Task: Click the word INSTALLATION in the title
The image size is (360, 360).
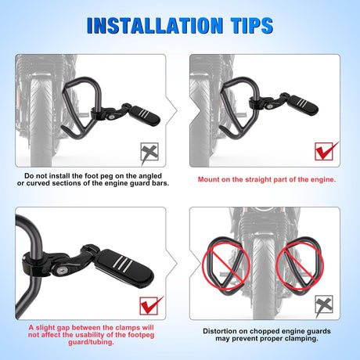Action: pos(155,26)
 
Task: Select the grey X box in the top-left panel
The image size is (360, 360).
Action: pos(149,152)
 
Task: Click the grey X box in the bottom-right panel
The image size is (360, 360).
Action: pos(324,304)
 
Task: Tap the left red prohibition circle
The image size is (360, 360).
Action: pos(226,265)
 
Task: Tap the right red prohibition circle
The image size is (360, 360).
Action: pos(300,265)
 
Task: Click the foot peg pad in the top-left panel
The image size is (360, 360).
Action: pos(146,116)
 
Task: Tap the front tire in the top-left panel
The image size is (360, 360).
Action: pos(41,121)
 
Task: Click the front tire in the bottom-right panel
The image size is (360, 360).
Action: pos(264,276)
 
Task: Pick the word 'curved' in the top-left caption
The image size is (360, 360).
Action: pos(38,183)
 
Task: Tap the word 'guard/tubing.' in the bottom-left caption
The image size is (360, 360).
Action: pos(91,342)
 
